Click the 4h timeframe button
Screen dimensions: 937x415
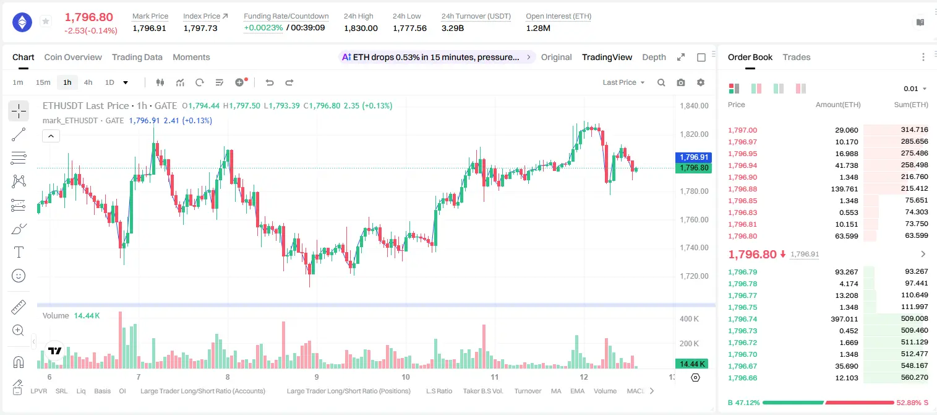click(88, 82)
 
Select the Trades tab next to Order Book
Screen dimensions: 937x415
click(797, 57)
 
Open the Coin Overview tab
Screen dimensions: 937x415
click(73, 57)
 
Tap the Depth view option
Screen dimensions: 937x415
click(654, 57)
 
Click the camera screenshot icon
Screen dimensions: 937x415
click(681, 82)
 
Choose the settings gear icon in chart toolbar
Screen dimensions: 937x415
click(701, 82)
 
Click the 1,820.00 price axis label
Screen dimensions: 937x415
click(695, 134)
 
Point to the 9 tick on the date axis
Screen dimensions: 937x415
click(317, 377)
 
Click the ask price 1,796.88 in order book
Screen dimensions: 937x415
click(743, 189)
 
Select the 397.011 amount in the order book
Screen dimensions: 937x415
click(844, 319)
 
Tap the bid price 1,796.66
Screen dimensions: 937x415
click(743, 378)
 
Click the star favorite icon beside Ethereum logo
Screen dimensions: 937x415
click(46, 21)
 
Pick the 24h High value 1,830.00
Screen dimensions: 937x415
click(361, 28)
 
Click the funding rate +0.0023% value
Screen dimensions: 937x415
click(263, 28)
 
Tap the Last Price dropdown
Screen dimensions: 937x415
click(623, 82)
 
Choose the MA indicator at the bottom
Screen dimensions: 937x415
click(556, 391)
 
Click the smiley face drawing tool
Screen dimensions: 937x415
click(19, 276)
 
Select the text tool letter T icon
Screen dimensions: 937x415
click(19, 252)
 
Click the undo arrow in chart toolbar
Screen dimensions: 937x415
click(270, 82)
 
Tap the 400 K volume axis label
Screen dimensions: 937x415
click(690, 319)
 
